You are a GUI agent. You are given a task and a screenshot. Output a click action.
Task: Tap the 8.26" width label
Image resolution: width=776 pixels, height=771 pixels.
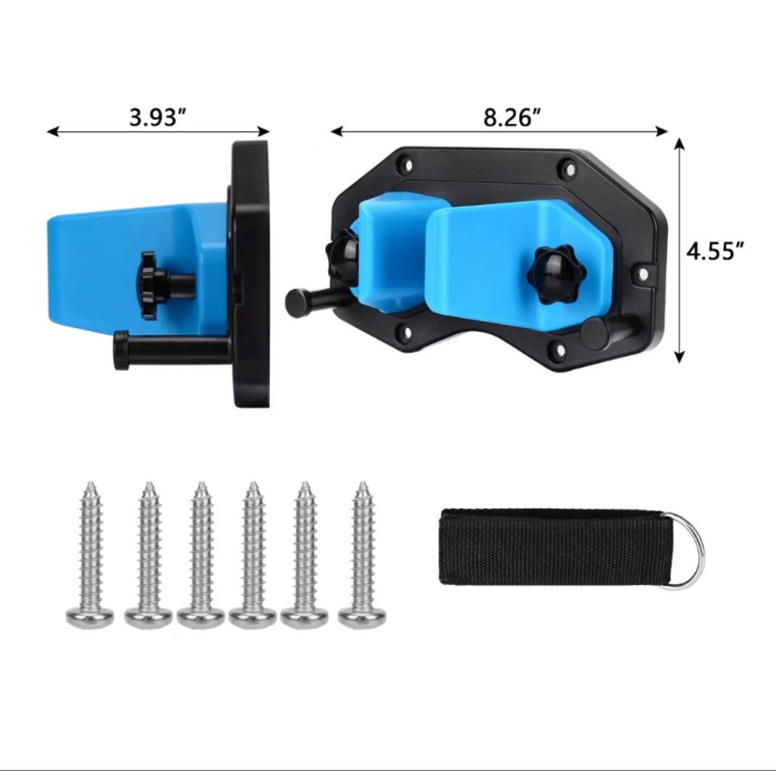512,118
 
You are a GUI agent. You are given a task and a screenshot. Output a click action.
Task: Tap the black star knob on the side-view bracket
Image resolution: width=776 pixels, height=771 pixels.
147,285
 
